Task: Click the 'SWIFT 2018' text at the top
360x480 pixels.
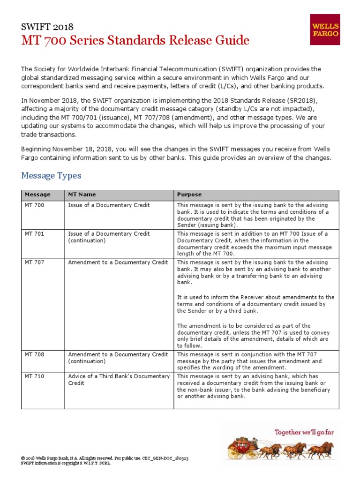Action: tap(47, 27)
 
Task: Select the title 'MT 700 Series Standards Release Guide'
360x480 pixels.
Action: tap(135, 41)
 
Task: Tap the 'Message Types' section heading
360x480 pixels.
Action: tap(51, 176)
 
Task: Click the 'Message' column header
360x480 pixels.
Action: tap(37, 194)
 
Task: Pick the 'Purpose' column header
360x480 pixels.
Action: tap(189, 194)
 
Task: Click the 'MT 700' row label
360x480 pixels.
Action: tap(35, 205)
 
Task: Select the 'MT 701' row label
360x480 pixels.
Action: tap(35, 234)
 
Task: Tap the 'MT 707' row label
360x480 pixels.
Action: tap(35, 262)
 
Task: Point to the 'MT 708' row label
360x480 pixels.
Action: tap(35, 355)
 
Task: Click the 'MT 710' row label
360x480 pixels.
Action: tap(35, 376)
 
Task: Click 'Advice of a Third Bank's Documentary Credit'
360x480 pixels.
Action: tap(119, 380)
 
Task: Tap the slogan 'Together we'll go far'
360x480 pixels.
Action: tap(304, 432)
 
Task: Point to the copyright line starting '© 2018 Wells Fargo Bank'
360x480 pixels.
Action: tap(105, 457)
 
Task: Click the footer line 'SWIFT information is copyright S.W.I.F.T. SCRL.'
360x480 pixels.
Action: tap(66, 463)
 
